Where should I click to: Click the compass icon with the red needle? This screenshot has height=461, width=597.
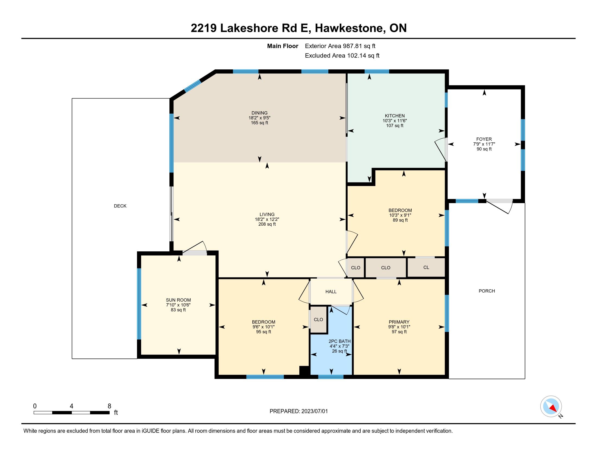(x=551, y=406)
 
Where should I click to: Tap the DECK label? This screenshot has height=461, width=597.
(x=120, y=206)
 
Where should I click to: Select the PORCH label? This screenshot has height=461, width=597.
(x=487, y=291)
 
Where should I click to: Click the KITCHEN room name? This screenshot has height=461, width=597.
(x=395, y=116)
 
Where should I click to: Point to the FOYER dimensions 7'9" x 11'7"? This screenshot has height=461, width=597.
(x=484, y=144)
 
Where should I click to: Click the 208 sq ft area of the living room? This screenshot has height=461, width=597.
(x=267, y=224)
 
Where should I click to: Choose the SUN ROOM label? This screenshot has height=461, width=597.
(x=178, y=300)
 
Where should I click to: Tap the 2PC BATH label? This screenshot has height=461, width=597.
(x=339, y=341)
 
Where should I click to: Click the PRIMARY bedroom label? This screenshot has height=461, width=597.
(x=399, y=322)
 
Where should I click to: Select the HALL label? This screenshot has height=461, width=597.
(x=331, y=292)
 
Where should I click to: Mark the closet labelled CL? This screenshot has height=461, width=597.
(x=426, y=267)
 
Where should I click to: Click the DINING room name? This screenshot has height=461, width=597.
(x=259, y=113)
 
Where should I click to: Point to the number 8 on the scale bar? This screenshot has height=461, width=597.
(x=109, y=406)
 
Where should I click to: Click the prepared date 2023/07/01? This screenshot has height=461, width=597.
(x=314, y=411)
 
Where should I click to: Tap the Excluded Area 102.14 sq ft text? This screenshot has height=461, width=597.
(x=342, y=55)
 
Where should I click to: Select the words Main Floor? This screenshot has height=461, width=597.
(x=283, y=46)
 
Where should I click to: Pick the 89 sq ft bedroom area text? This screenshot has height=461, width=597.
(x=400, y=220)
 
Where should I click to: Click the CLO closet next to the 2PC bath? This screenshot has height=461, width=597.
(x=319, y=319)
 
